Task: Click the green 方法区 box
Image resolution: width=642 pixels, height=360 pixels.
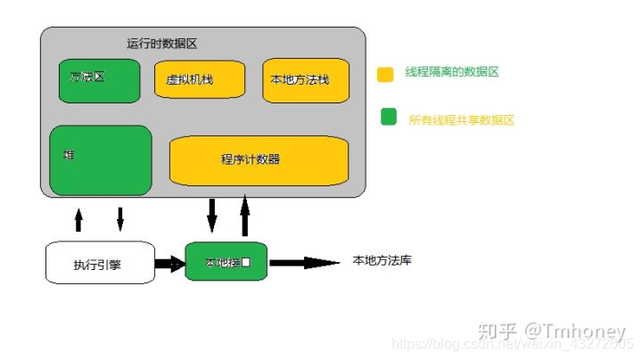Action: tap(99, 79)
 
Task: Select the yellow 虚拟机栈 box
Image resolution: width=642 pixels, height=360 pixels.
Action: tap(199, 79)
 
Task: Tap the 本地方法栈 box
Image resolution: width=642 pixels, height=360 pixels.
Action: tap(304, 79)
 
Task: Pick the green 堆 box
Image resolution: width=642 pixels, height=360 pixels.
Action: tap(101, 160)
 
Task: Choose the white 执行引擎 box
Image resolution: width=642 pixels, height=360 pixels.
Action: tap(99, 263)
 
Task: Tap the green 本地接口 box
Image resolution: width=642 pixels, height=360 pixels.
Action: tap(226, 262)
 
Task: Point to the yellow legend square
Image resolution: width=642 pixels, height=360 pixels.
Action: tap(386, 75)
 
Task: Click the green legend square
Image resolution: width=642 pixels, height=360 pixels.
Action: tap(388, 117)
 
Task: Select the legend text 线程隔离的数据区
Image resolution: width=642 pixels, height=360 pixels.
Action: tap(452, 71)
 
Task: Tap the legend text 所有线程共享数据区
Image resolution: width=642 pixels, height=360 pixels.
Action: tap(463, 119)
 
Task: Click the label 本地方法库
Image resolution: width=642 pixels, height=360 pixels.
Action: tap(383, 261)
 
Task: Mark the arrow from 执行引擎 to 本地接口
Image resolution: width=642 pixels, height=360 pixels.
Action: tap(169, 264)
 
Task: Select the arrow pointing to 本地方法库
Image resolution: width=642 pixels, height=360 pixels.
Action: tap(303, 263)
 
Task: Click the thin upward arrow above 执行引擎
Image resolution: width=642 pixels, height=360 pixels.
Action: tap(78, 219)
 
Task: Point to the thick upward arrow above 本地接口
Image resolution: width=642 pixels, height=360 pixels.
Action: tap(245, 217)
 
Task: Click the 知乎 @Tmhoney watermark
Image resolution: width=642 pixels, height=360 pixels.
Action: tap(553, 331)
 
